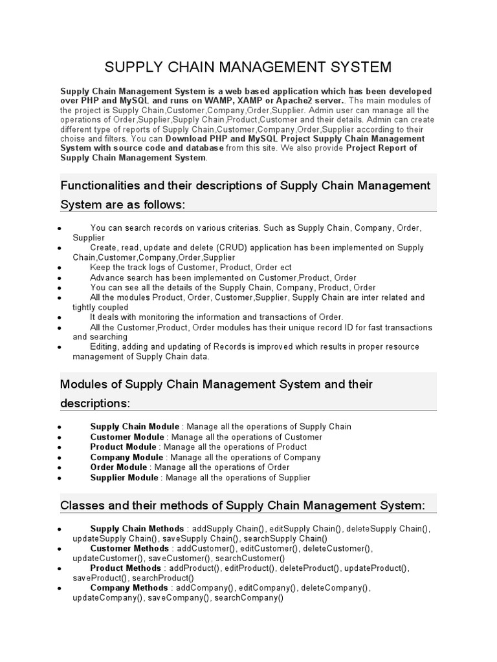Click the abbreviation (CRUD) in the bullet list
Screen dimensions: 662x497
point(229,248)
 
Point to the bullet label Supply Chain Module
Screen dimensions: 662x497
point(135,427)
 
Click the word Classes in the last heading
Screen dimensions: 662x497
point(80,505)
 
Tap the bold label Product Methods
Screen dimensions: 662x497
point(126,568)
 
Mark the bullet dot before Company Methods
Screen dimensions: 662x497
point(59,590)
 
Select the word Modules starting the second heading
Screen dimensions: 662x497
point(83,384)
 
